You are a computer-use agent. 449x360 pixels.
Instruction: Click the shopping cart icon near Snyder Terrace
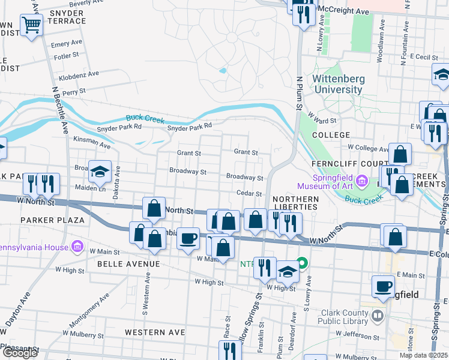tap(31, 26)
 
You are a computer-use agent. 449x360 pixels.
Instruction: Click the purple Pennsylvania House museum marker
tap(77, 246)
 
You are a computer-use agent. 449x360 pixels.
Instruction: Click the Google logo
tap(19, 353)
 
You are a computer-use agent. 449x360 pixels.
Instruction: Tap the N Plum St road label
tap(298, 92)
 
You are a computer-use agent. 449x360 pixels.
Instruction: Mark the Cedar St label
tap(250, 194)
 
